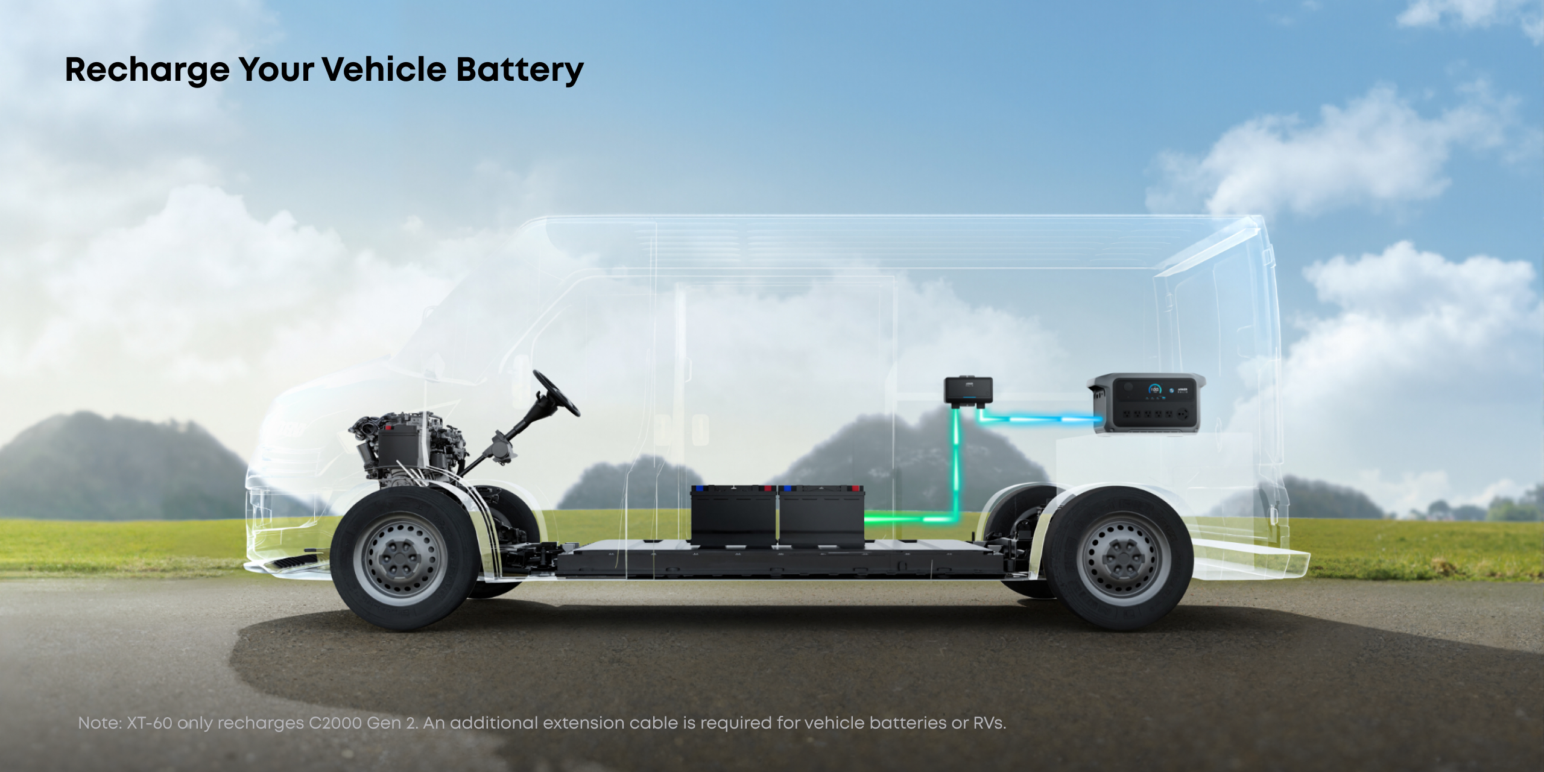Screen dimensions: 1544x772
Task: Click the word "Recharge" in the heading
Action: click(x=147, y=71)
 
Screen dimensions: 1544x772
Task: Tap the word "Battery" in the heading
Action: click(x=520, y=71)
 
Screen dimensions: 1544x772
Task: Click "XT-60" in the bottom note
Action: click(x=150, y=723)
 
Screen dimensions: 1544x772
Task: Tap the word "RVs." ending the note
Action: click(x=990, y=723)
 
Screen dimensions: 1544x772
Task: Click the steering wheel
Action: click(x=555, y=393)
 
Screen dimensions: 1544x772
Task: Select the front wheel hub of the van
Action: click(x=399, y=558)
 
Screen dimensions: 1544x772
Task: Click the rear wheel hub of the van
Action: click(x=1123, y=558)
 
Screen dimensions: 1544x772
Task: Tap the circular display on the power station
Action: click(x=1154, y=390)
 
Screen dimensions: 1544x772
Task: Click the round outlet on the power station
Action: click(x=1183, y=415)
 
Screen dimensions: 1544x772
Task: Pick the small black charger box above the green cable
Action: click(x=968, y=390)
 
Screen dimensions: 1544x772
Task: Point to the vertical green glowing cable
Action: click(x=956, y=461)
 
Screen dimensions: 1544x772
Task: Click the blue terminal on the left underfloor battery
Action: click(x=699, y=488)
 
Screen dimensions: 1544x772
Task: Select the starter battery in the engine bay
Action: click(x=398, y=445)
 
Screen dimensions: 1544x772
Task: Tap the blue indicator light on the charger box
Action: click(x=968, y=397)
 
